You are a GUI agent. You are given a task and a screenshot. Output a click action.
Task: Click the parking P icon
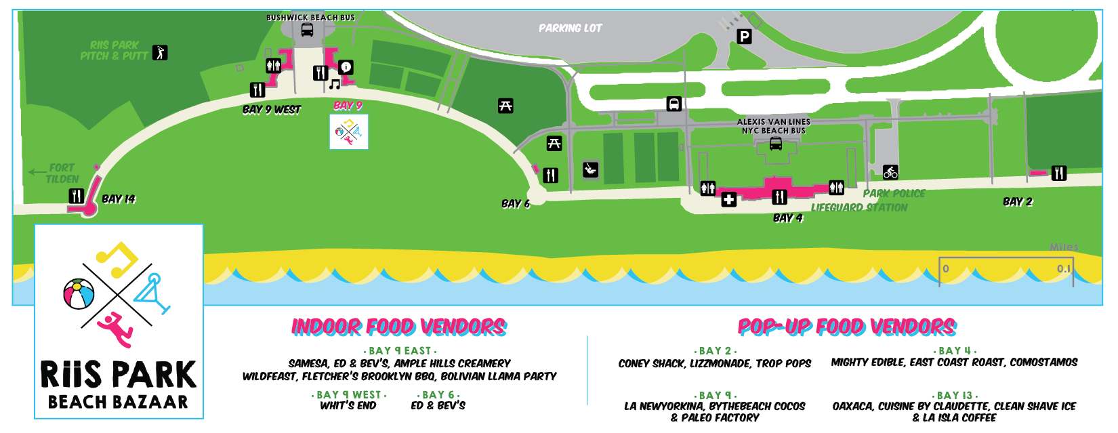click(744, 37)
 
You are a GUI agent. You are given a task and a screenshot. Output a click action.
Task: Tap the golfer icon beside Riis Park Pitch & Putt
click(160, 52)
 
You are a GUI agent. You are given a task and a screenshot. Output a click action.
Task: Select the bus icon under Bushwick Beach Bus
click(307, 30)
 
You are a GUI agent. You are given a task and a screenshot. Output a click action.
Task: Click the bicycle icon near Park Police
click(890, 171)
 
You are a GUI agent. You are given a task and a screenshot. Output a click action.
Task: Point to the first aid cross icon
click(728, 199)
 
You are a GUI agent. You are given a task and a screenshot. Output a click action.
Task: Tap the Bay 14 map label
click(119, 199)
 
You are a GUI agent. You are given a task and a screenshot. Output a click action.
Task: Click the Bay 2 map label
click(1018, 202)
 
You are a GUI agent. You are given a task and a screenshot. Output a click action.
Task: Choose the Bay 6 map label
click(516, 203)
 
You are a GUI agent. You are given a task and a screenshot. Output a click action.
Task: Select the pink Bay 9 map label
click(348, 106)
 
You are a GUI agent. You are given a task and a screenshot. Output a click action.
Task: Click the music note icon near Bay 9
click(334, 85)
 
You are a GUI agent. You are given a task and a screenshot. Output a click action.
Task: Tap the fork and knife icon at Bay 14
click(76, 197)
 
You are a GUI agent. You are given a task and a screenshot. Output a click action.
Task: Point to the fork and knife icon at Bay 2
click(1058, 173)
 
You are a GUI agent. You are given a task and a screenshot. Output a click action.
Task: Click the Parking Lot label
click(570, 28)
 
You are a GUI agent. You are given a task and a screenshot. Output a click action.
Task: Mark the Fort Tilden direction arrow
click(37, 173)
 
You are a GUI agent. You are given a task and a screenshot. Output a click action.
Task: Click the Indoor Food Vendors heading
click(398, 327)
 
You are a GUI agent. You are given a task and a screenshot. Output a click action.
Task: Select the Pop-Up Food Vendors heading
click(846, 327)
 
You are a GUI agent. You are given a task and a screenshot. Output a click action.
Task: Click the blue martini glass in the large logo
click(152, 293)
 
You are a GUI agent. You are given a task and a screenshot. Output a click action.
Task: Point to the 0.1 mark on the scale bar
click(1064, 269)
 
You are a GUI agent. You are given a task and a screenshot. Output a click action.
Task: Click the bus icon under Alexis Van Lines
click(775, 144)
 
